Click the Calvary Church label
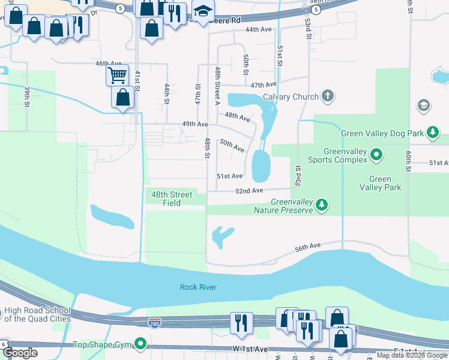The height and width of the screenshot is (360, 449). [290, 96]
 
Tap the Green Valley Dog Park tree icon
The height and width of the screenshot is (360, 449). [432, 133]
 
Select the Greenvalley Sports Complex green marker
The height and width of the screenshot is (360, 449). [376, 155]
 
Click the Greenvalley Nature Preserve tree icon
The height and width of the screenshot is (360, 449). [322, 206]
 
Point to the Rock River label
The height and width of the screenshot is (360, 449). [197, 287]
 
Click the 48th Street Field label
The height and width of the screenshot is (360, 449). [172, 199]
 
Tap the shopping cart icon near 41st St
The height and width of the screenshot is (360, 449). [117, 76]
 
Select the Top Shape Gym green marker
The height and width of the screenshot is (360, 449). [140, 344]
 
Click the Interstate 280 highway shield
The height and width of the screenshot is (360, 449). [155, 323]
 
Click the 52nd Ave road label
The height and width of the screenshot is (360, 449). [249, 191]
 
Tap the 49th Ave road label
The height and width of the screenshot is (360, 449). [195, 124]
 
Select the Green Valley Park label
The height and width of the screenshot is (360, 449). [379, 183]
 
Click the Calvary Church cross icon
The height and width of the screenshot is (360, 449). [327, 96]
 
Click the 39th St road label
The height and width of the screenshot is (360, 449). [28, 97]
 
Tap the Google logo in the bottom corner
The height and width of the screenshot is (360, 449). [20, 353]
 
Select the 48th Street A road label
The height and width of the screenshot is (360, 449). [218, 86]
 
